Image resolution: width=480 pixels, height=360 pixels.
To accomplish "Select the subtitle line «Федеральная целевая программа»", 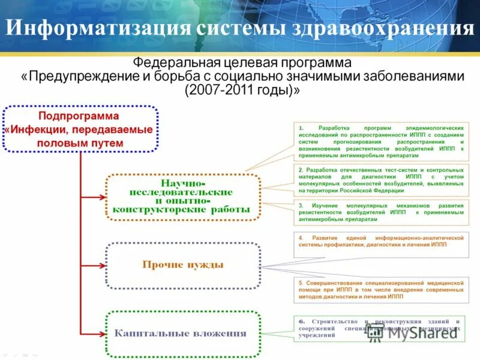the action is coord(242,63).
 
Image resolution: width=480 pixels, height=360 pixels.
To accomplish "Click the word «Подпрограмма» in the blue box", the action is coord(79,115).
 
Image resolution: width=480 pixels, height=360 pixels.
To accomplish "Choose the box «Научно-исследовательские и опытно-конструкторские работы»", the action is coord(183,196).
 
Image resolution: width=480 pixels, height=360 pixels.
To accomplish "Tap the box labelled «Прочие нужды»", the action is coord(183,265).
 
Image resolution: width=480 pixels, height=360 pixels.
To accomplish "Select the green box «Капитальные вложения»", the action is coord(183,333).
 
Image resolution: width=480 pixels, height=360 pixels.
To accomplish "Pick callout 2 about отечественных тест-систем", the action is coord(381,180).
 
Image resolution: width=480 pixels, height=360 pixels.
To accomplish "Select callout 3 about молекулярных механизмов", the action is coord(381,212).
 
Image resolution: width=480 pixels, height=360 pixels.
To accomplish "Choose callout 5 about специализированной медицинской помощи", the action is coord(381,289).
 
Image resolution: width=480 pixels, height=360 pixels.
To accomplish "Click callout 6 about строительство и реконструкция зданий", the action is coord(381,328).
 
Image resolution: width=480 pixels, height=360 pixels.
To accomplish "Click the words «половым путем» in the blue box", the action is coord(79,143).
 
